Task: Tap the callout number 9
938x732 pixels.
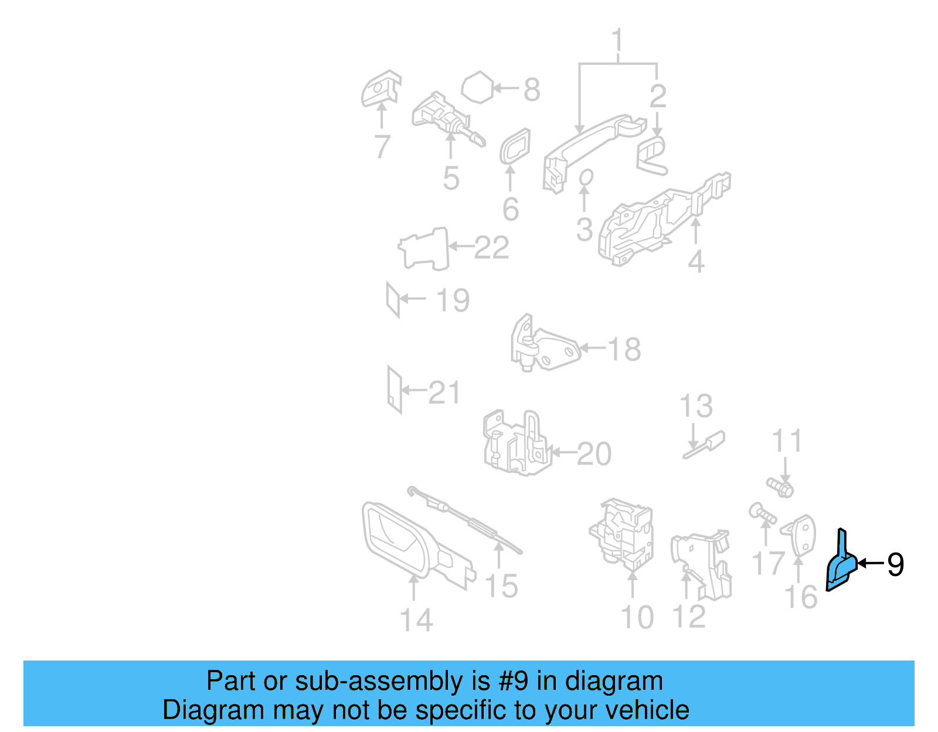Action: click(895, 564)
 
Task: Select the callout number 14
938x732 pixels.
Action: click(416, 620)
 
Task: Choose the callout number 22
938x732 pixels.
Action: click(491, 247)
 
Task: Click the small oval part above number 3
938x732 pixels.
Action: click(586, 176)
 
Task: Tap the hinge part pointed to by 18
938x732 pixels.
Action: click(545, 346)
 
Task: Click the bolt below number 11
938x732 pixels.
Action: click(780, 486)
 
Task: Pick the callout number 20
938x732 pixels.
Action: click(594, 454)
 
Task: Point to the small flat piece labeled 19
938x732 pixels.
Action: click(393, 299)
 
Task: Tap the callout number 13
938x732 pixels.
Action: click(696, 406)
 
